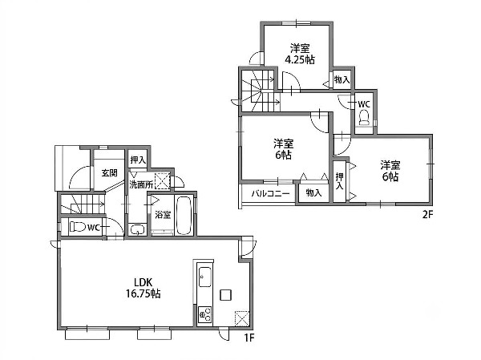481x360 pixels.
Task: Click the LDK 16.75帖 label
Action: point(143,288)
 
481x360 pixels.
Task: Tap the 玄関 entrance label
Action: point(110,173)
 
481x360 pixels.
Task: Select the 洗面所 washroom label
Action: point(141,184)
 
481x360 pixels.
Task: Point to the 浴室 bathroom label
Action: point(163,215)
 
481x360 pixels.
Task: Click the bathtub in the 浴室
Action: point(184,215)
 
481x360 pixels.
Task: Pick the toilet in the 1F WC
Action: point(77,227)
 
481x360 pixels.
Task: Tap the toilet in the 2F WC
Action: point(364,118)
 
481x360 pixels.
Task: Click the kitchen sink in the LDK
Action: point(204,277)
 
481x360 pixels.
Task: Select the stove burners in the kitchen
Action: point(204,314)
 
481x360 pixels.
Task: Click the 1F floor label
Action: point(249,338)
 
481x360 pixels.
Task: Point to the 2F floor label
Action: point(427,215)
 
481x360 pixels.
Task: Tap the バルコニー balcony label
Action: point(271,194)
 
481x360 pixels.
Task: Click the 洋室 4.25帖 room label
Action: point(300,54)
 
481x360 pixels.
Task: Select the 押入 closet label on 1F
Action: point(138,160)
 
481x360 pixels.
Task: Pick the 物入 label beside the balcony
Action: point(313,192)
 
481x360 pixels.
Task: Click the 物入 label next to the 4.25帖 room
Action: point(342,80)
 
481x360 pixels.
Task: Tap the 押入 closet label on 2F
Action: point(339,181)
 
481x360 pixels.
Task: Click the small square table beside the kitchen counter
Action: point(226,294)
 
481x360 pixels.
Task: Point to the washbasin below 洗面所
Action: point(137,229)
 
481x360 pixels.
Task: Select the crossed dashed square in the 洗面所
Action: point(162,181)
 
